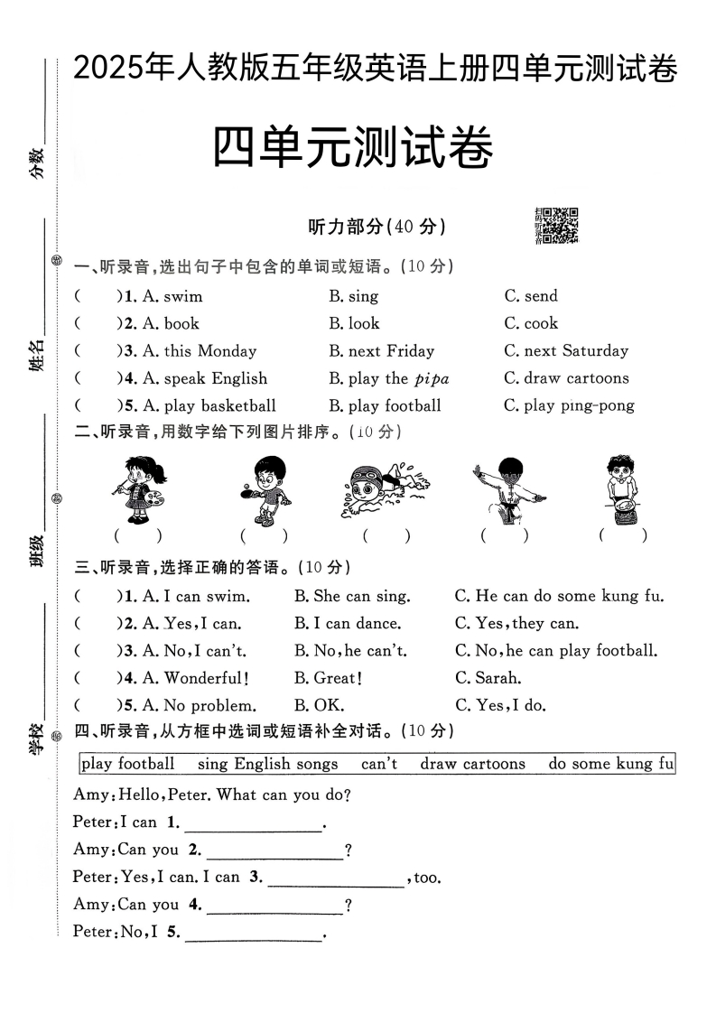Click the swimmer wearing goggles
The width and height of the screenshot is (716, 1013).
click(x=385, y=490)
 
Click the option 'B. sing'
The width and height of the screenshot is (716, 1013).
click(x=353, y=296)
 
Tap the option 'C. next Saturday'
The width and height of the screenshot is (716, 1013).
click(x=566, y=351)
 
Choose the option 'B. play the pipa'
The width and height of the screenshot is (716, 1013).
click(x=389, y=378)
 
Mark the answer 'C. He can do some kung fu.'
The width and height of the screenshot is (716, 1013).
click(x=560, y=596)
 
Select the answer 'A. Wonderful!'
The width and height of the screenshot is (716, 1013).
click(x=195, y=678)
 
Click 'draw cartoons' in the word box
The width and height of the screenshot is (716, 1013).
click(x=472, y=764)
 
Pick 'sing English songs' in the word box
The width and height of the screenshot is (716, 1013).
click(x=267, y=764)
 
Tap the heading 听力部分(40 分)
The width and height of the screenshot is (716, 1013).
click(x=377, y=227)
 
